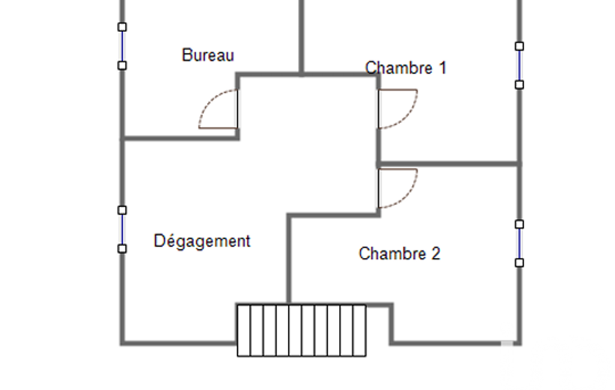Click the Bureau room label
point(208,55)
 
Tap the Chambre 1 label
point(406,68)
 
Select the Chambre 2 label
point(399,253)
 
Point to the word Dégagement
point(202,241)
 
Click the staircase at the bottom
point(302,331)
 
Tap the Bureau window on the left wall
point(122,46)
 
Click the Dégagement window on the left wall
point(122,230)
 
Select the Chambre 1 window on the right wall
point(519,65)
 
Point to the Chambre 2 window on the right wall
point(519,244)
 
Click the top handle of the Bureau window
point(122,27)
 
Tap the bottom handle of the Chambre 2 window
point(519,263)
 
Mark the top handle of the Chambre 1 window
point(519,46)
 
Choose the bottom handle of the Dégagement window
point(122,249)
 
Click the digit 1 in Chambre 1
point(443,68)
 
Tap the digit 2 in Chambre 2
point(436,253)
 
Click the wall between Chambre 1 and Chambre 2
point(449,164)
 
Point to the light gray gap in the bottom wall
point(507,344)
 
